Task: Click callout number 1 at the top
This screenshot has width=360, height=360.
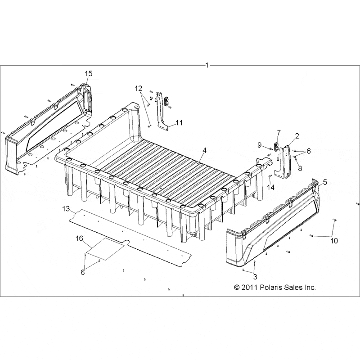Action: tap(207, 66)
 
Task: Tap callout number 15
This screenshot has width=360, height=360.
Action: tap(89, 73)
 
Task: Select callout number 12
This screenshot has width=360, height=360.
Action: tap(138, 88)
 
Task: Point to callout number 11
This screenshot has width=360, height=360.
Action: tap(179, 122)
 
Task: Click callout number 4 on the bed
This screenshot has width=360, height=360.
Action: tap(205, 149)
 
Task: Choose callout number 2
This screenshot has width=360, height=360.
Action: tap(297, 135)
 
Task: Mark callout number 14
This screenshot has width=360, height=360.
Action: tap(270, 186)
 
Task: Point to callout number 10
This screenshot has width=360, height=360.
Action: tap(334, 241)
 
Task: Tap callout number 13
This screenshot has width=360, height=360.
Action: tap(66, 209)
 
